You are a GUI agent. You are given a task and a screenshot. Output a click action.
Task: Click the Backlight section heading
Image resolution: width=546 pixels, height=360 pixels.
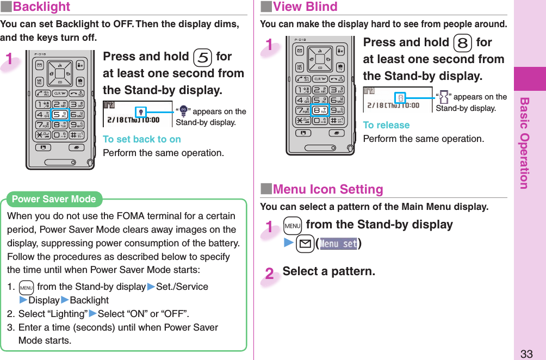coord(41,7)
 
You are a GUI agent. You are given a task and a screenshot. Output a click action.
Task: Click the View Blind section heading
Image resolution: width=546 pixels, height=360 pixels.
coord(305,7)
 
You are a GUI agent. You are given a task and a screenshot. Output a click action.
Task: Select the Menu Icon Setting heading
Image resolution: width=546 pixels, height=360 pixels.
coord(327,190)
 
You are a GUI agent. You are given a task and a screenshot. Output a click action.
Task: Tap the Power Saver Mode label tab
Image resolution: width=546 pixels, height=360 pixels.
coord(53,199)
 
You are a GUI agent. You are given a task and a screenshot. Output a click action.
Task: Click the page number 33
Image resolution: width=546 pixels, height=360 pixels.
coord(526,354)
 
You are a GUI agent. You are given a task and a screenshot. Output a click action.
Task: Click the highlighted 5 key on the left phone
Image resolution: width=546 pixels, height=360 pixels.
coord(60,114)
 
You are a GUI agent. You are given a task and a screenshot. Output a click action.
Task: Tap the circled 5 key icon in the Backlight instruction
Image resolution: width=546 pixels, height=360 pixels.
coord(202,57)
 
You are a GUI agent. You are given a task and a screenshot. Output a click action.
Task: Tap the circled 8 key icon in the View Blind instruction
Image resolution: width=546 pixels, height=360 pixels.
coord(462,43)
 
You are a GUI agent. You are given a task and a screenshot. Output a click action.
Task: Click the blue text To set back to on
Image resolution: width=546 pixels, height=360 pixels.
coord(142,139)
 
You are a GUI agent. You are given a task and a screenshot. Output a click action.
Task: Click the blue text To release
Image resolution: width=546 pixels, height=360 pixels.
coord(386,125)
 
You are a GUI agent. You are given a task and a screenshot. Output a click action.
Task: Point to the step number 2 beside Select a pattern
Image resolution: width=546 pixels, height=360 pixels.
coord(270,274)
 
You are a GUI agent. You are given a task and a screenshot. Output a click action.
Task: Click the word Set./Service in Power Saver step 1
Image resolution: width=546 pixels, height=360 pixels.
coord(182,287)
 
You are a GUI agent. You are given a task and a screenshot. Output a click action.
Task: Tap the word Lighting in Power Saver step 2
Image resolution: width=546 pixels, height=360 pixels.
coord(68,314)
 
